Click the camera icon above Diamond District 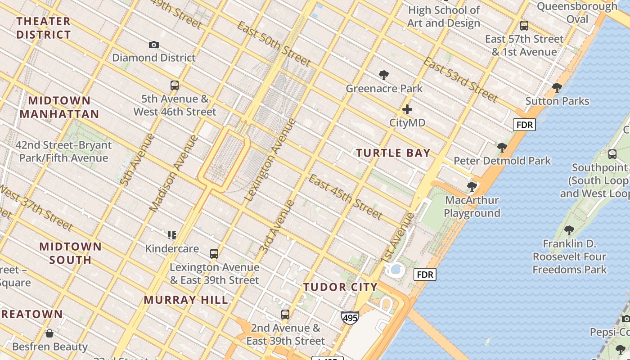154,45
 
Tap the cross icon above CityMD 407,109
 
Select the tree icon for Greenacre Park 384,75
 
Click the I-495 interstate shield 350,318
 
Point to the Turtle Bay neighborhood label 393,153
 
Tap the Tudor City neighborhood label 340,287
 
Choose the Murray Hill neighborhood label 186,300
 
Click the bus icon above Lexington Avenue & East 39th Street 214,253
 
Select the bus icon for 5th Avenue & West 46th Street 175,85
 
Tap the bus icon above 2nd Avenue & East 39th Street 285,315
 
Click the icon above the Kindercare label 171,235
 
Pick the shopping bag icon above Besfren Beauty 49,333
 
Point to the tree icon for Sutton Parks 557,88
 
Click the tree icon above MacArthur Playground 472,186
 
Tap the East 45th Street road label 346,196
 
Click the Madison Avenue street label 173,174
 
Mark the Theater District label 44,28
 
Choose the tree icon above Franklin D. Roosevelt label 569,230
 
